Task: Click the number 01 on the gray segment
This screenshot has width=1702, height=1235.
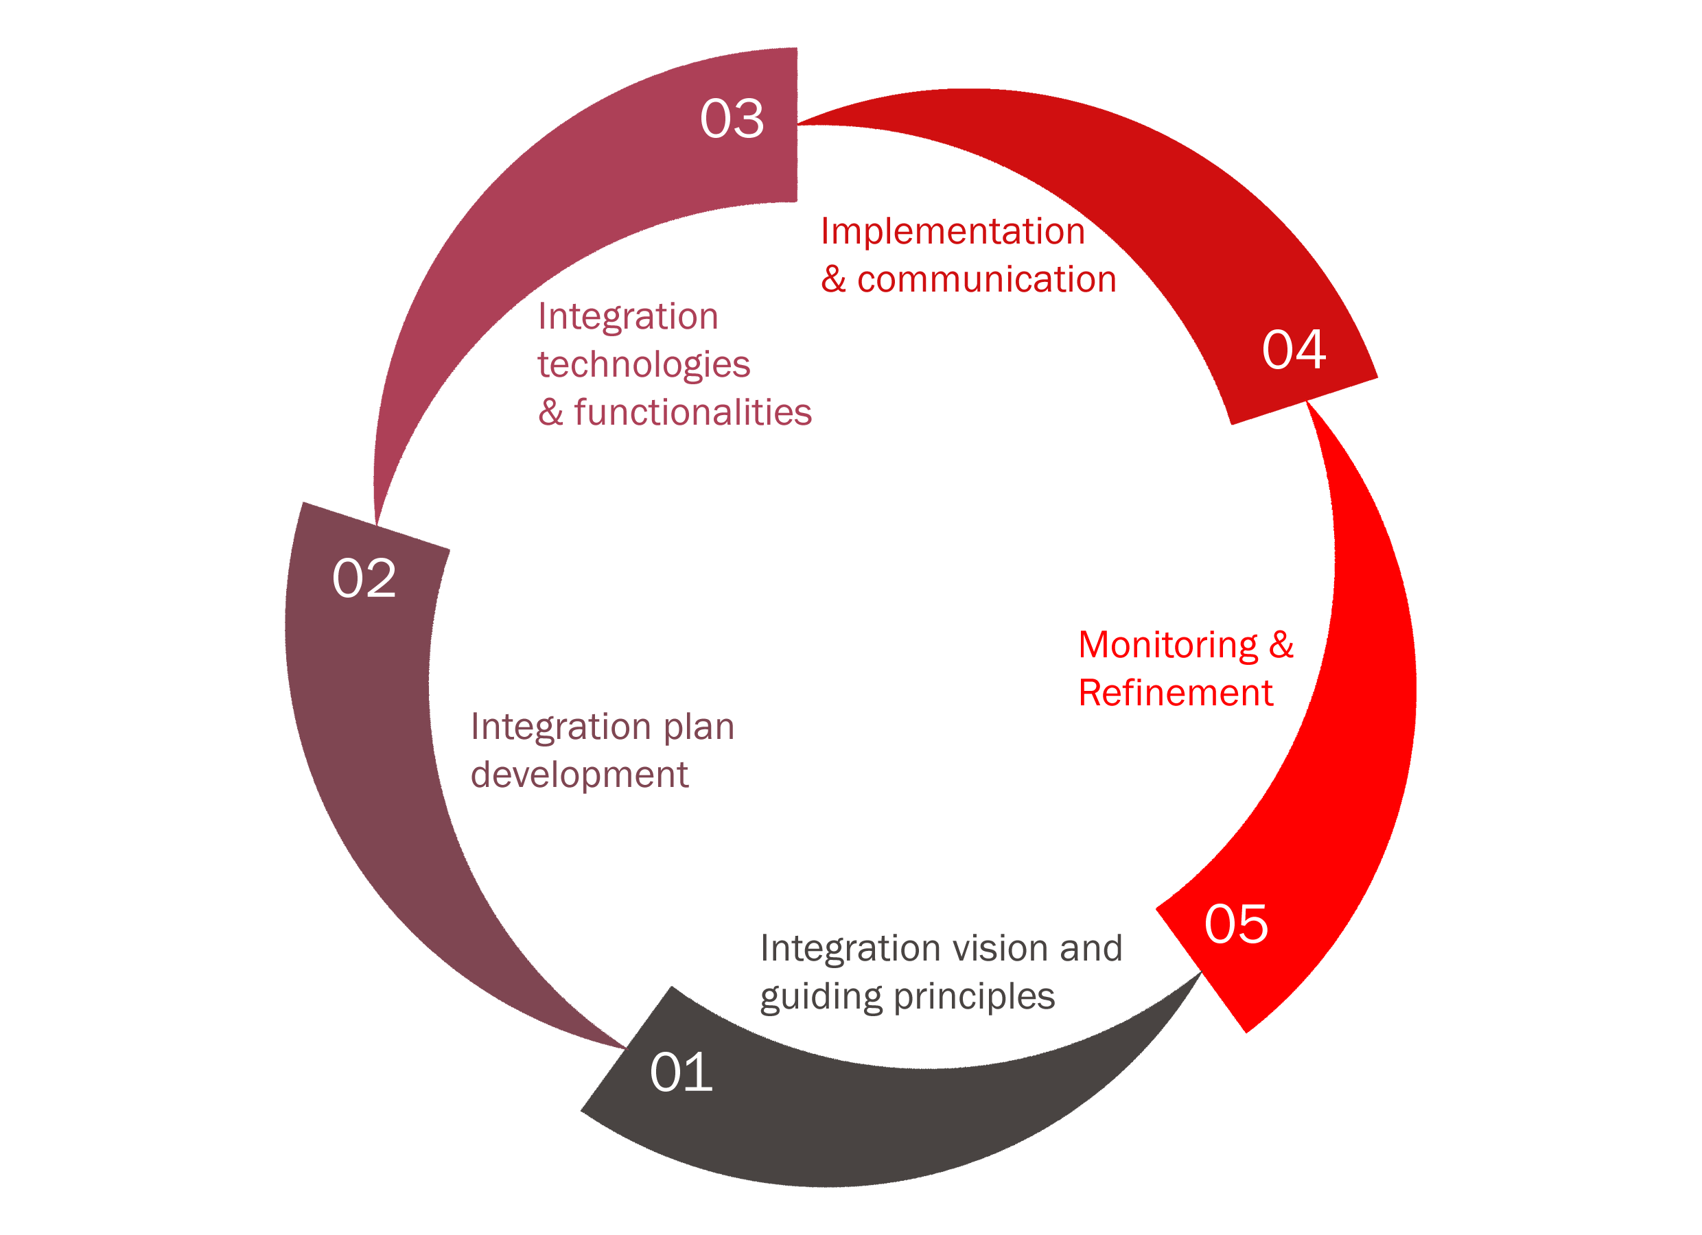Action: pos(681,1072)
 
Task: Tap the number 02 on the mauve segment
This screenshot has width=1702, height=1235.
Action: pos(364,578)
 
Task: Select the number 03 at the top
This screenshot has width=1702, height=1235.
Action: pos(732,119)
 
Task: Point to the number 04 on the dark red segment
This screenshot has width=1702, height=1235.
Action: pos(1294,350)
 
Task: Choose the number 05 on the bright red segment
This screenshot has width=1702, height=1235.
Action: pos(1236,924)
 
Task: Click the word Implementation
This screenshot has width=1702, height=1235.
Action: pos(953,231)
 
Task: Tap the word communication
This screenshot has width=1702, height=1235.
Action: pos(987,280)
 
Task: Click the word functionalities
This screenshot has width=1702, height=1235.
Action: pos(692,412)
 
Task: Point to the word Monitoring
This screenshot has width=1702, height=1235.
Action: pos(1167,645)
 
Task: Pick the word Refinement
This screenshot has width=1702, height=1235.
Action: pos(1175,692)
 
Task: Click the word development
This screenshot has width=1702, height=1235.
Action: pos(579,776)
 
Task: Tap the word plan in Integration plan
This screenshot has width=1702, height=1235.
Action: pos(699,727)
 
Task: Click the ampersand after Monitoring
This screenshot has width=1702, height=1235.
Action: pos(1281,645)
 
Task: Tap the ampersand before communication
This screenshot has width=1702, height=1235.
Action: pos(834,280)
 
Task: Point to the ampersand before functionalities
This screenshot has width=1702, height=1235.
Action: pos(551,412)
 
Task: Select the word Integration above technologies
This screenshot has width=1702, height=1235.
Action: pos(628,316)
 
